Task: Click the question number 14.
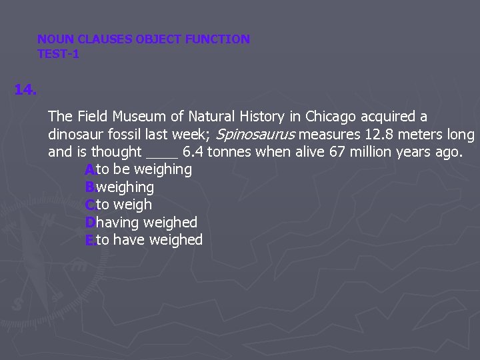(x=25, y=89)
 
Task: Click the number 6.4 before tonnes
(x=193, y=152)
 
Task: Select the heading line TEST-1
(x=58, y=55)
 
